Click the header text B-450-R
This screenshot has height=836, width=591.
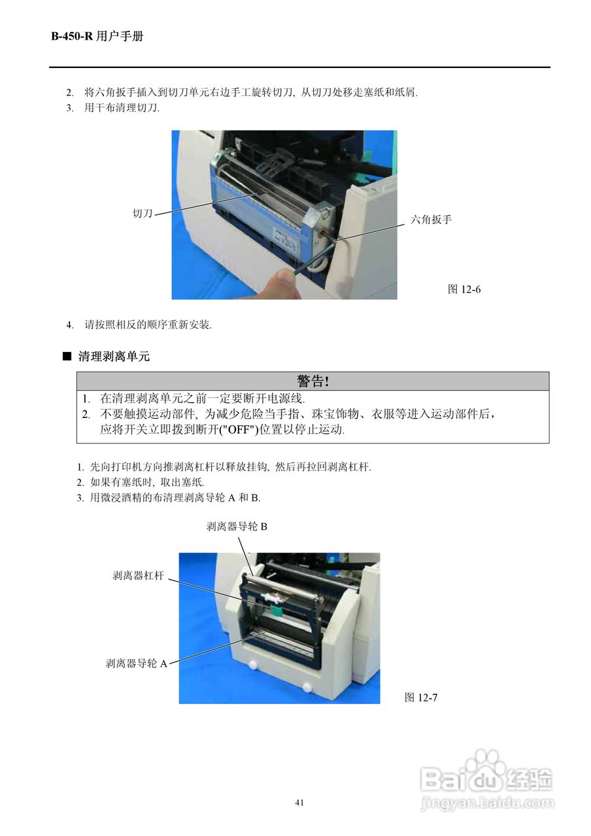(x=73, y=37)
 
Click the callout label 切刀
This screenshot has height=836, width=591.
(x=143, y=214)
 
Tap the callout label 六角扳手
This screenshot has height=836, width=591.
(x=431, y=220)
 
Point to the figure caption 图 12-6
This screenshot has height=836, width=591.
(x=464, y=289)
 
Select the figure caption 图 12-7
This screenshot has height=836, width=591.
(x=421, y=698)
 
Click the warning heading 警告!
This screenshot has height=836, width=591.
(x=312, y=381)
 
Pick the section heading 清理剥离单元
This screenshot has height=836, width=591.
(x=114, y=357)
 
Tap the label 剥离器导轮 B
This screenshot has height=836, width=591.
(x=237, y=526)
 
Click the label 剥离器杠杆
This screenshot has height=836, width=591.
(x=138, y=575)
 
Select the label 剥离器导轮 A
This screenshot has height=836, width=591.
(x=137, y=664)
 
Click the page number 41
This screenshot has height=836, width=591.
(x=299, y=803)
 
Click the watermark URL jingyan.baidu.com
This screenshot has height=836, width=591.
(x=486, y=801)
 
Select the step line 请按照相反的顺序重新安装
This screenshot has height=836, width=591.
(x=148, y=325)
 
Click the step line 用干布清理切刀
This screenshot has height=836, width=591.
(x=122, y=108)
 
